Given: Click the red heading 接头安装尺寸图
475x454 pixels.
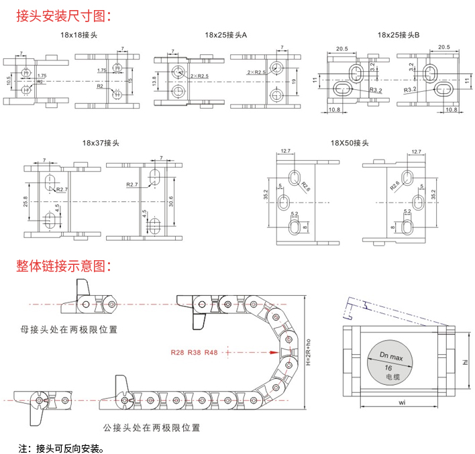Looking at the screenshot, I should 64,14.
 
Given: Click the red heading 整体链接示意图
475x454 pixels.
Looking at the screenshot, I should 64,266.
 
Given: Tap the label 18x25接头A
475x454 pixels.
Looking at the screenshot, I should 226,34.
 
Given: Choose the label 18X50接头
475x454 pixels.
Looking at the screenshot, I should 350,143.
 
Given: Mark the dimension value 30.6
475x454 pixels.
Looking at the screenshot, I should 172,201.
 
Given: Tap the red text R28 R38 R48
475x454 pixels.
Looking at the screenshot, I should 194,352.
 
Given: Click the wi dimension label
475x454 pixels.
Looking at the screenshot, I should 401,403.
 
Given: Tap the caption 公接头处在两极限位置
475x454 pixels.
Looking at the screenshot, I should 151,427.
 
